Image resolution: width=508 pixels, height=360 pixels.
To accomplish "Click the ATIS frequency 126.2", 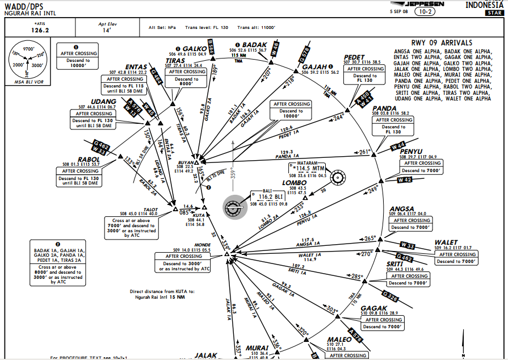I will coord(39,30).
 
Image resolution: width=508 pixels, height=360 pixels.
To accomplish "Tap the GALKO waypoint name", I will coord(195,48).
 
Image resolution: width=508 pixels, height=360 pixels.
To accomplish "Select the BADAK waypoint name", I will coord(254,44).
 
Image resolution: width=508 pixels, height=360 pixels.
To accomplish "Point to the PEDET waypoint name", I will coord(354,57).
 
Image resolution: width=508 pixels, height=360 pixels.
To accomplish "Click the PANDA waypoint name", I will coord(385,108).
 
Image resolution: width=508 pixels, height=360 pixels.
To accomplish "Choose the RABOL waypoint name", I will coord(74,159).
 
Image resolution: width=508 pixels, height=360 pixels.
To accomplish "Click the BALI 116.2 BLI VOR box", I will coord(270,196).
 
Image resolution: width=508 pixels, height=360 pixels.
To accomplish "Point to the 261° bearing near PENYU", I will coord(365,152).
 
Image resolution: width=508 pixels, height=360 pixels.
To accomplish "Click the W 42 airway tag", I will coord(405,180).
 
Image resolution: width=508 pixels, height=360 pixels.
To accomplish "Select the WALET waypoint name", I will coord(446,242).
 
